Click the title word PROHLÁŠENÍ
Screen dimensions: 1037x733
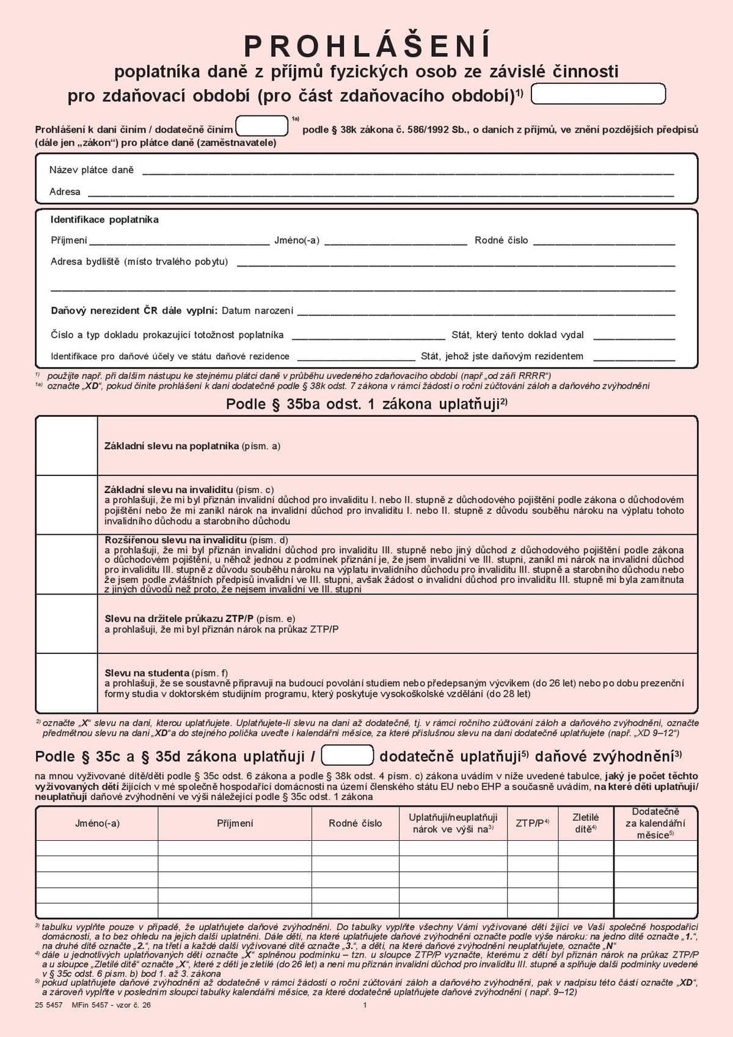pyautogui.click(x=367, y=46)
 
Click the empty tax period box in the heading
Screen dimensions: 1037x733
pyautogui.click(x=598, y=94)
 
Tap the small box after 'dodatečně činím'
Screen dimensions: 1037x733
pyautogui.click(x=262, y=126)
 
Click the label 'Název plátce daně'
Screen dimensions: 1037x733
pyautogui.click(x=91, y=170)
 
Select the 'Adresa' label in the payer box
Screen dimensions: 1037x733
pyautogui.click(x=65, y=192)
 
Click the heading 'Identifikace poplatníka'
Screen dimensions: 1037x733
pyautogui.click(x=104, y=219)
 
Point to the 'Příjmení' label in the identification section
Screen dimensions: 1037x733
pyautogui.click(x=68, y=240)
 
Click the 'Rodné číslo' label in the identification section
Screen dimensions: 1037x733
pyautogui.click(x=501, y=240)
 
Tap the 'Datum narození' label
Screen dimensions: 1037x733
pyautogui.click(x=257, y=310)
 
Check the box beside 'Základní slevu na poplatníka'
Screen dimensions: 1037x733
pyautogui.click(x=67, y=446)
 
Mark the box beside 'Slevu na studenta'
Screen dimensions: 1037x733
pyautogui.click(x=67, y=683)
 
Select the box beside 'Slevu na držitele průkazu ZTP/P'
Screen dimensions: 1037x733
pyautogui.click(x=67, y=624)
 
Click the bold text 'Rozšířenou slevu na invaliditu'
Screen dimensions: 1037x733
pyautogui.click(x=175, y=540)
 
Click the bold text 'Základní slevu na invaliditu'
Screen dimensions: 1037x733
pyautogui.click(x=169, y=489)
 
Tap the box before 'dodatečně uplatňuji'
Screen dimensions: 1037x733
pyautogui.click(x=347, y=755)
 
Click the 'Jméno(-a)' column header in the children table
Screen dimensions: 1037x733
pyautogui.click(x=97, y=823)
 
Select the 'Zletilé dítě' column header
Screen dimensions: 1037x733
pyautogui.click(x=585, y=823)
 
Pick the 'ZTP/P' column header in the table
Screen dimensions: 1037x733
pyautogui.click(x=532, y=823)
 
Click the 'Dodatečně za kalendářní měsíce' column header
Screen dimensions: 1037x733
pyautogui.click(x=655, y=823)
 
